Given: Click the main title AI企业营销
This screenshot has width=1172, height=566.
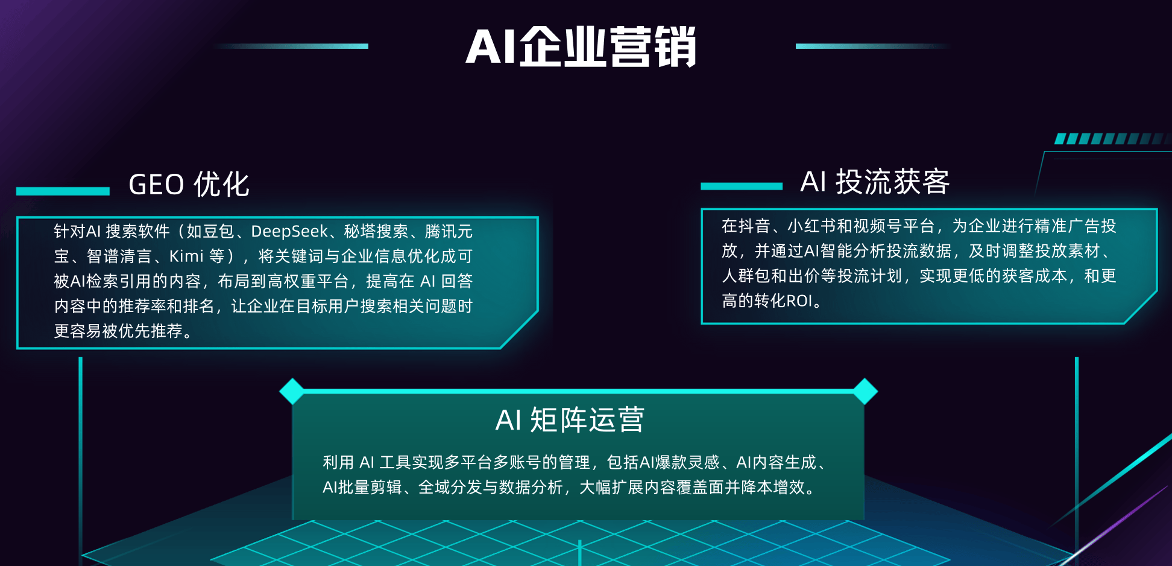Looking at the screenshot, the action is [x=581, y=47].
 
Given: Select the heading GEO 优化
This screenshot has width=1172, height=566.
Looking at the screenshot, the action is [x=189, y=185].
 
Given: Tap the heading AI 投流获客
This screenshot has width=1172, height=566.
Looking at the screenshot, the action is [x=875, y=182].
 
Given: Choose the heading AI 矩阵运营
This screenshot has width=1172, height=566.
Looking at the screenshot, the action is [x=570, y=420].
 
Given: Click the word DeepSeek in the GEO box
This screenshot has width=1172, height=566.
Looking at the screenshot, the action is [x=289, y=232].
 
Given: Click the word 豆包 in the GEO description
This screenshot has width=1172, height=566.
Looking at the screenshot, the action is [x=218, y=232].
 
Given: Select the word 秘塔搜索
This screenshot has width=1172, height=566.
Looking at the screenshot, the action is [x=376, y=232].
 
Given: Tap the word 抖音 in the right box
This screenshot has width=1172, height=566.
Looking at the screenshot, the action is [x=754, y=226].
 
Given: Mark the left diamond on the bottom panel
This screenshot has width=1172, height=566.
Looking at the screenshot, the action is [x=292, y=391].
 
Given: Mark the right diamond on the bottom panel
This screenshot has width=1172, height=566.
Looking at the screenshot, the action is [x=865, y=391].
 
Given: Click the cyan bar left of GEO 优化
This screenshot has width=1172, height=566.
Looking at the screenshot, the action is [x=63, y=191].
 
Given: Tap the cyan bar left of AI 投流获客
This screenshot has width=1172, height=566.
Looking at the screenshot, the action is [x=742, y=186].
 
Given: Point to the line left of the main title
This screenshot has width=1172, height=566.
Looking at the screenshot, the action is [x=291, y=46].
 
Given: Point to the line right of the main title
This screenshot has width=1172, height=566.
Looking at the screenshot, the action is [x=874, y=46].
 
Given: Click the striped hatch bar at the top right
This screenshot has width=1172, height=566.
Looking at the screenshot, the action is [x=1112, y=139].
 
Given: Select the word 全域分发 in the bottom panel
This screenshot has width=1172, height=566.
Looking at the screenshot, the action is [x=450, y=488].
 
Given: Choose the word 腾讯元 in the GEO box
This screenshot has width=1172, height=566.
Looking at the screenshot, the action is [x=449, y=232].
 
